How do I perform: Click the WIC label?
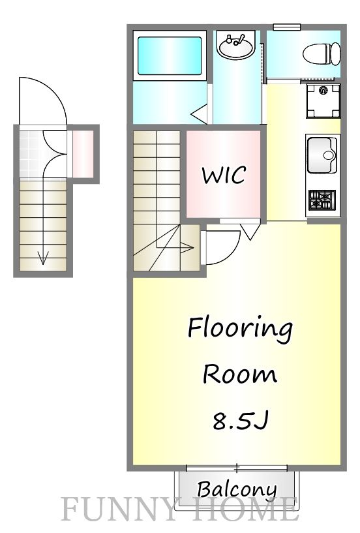pyautogui.click(x=224, y=175)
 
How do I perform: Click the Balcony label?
pyautogui.click(x=237, y=489)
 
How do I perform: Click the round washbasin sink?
pyautogui.click(x=236, y=46)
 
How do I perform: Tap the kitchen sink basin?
pyautogui.click(x=322, y=155)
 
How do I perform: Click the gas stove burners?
pyautogui.click(x=322, y=199)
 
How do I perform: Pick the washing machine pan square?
pyautogui.click(x=323, y=100)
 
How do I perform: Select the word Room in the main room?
pyautogui.click(x=240, y=375)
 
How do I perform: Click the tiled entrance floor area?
pyautogui.click(x=31, y=154)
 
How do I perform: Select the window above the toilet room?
pyautogui.click(x=286, y=27)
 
